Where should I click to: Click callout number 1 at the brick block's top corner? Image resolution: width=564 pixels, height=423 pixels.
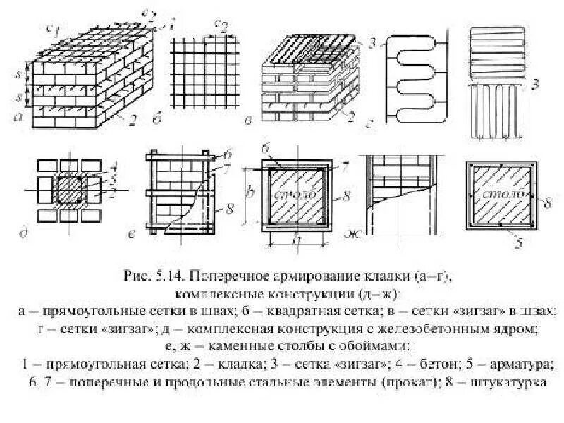[170, 23]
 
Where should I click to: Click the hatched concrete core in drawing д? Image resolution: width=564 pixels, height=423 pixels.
[72, 190]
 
